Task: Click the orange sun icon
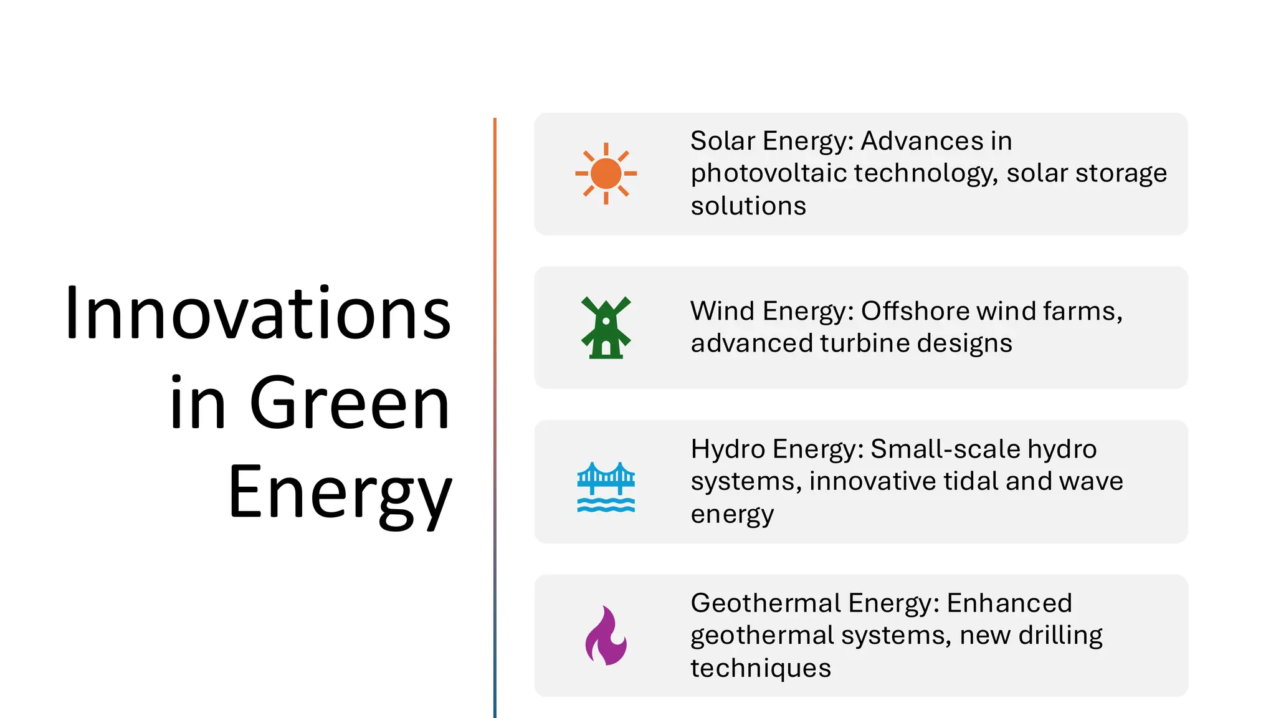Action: [x=606, y=173]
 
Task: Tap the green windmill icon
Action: [x=606, y=328]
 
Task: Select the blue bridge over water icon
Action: [x=606, y=487]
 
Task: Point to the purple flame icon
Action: [x=606, y=636]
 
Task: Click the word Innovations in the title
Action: [x=258, y=313]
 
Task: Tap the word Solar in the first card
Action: [x=723, y=141]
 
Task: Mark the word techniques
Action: [x=760, y=668]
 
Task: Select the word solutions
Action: [x=748, y=206]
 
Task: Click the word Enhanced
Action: [x=1009, y=603]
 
